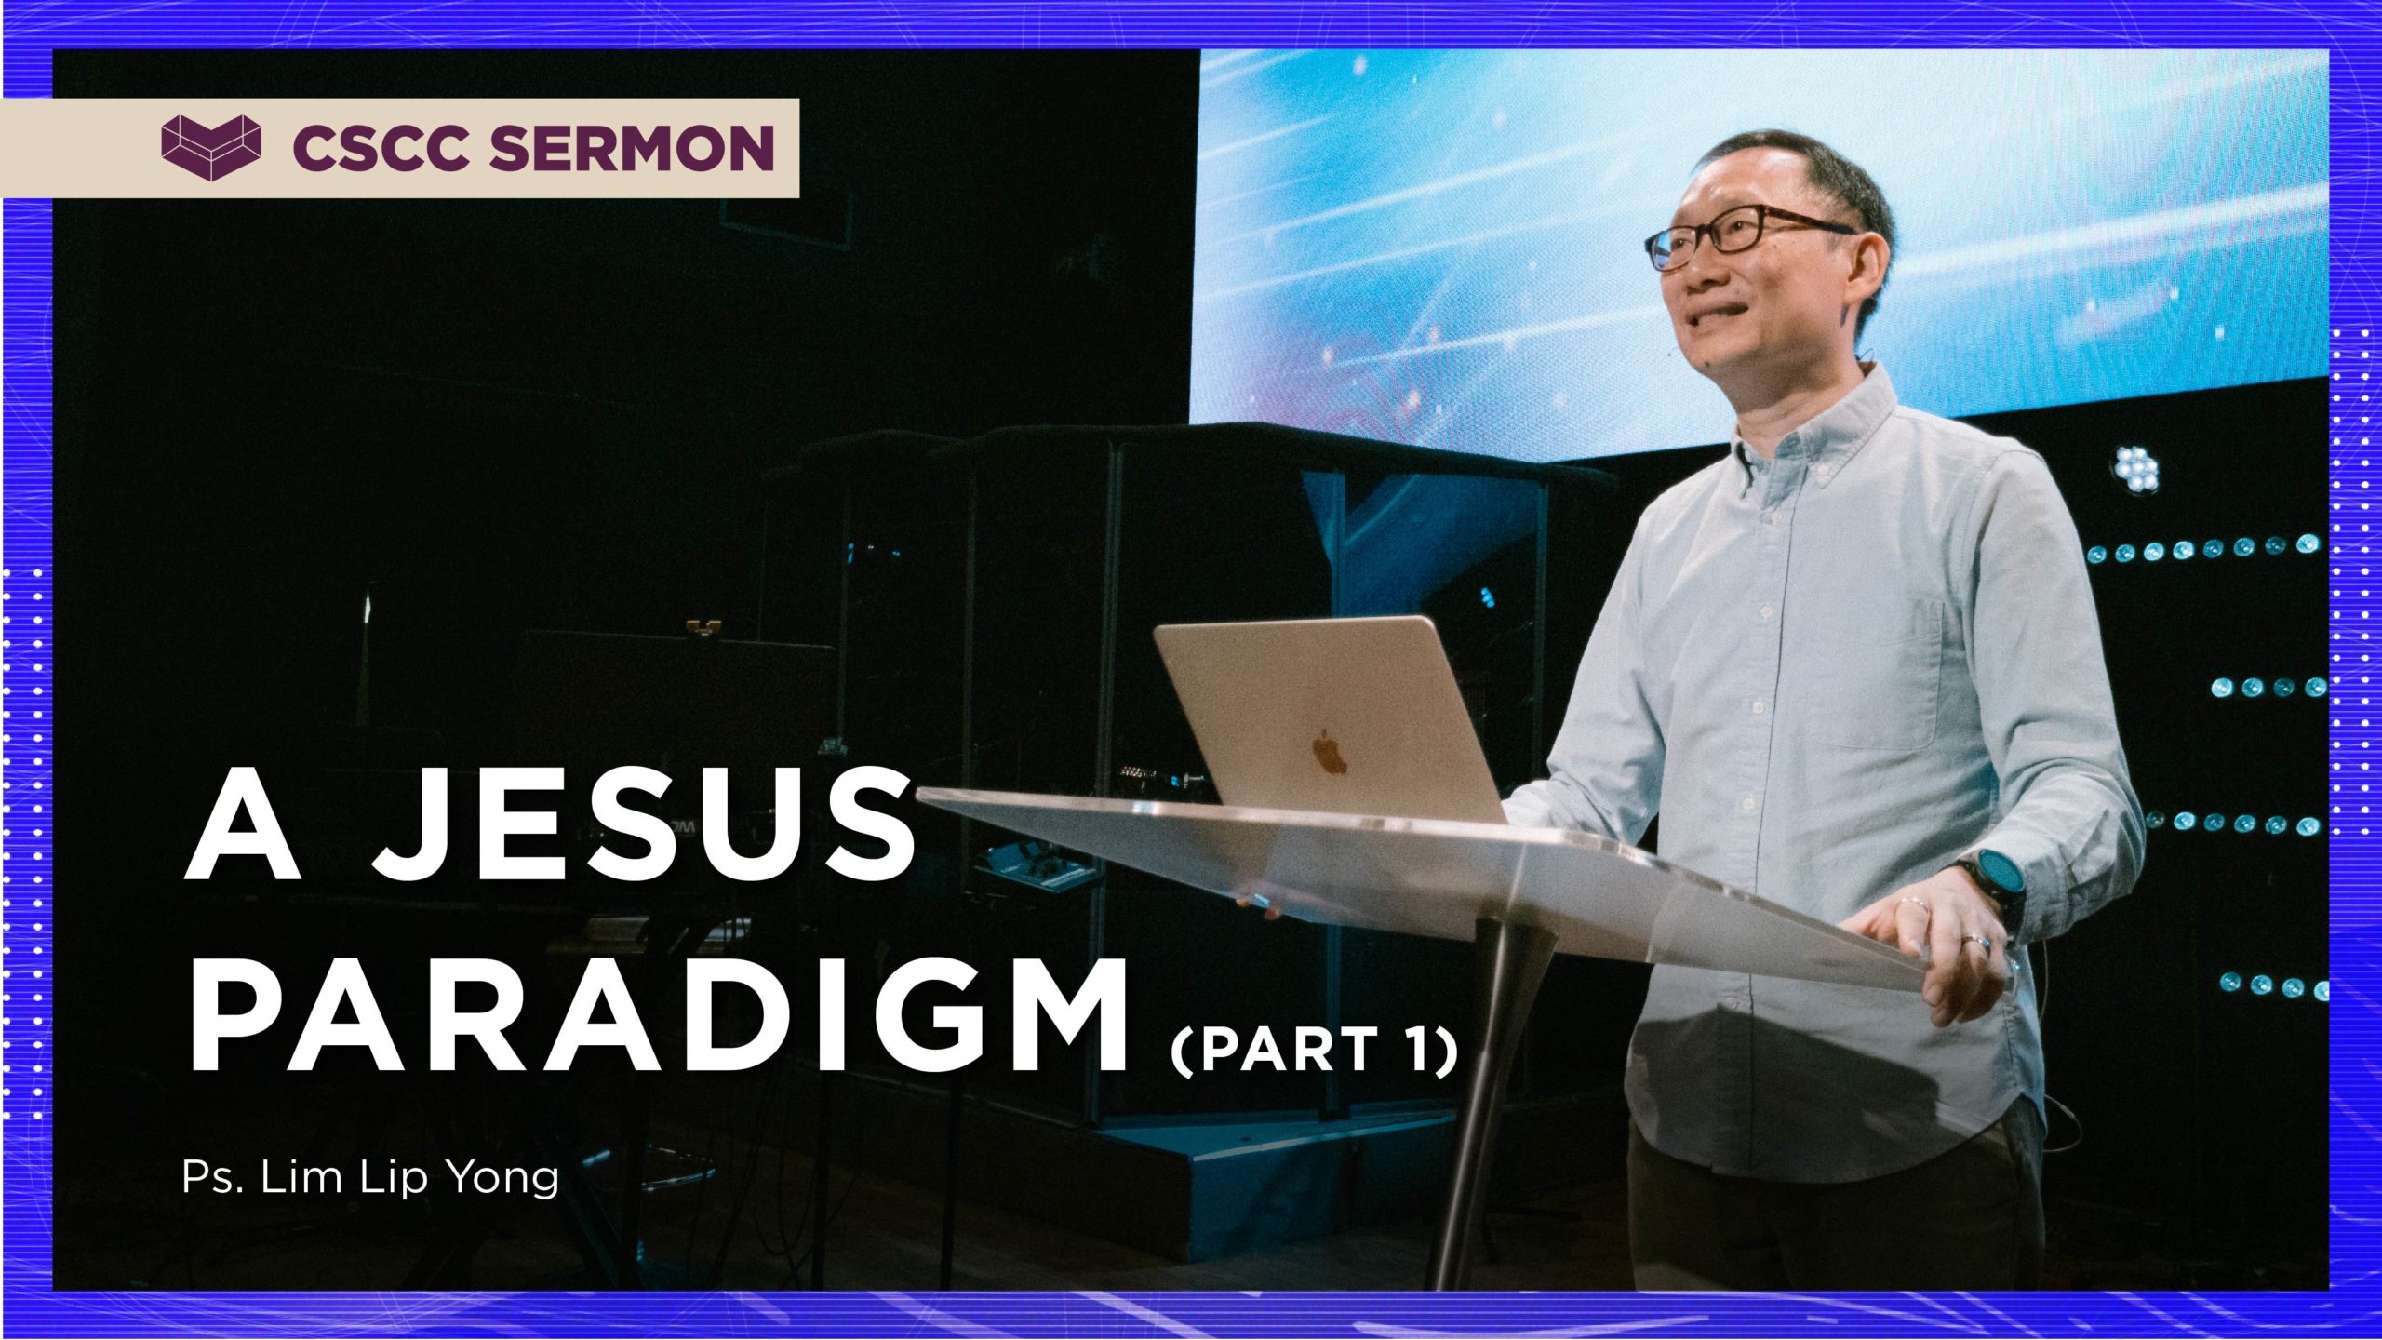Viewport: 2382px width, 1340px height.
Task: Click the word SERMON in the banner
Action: coord(632,148)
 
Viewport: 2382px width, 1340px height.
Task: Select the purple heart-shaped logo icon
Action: coord(211,148)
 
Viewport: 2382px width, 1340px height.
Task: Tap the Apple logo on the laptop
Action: coord(1331,752)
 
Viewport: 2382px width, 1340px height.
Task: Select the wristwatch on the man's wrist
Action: coord(1991,884)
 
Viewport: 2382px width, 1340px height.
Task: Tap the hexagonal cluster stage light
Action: coord(2135,468)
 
